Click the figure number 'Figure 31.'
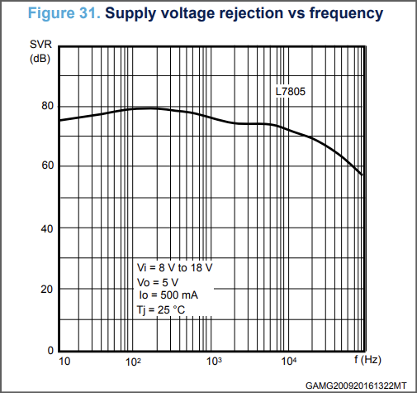click(x=64, y=13)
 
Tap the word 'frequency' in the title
click(x=346, y=14)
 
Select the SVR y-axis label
click(x=40, y=44)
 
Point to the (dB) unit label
click(x=40, y=59)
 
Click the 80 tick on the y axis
click(x=47, y=106)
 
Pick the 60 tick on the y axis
click(x=47, y=165)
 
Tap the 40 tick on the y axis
click(x=47, y=228)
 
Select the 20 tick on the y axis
click(x=47, y=290)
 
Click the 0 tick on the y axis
click(x=50, y=350)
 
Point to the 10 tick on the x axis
click(x=64, y=362)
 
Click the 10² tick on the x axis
click(x=133, y=362)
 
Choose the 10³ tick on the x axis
click(x=214, y=361)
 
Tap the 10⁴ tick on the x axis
click(x=289, y=361)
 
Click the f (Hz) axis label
click(x=367, y=360)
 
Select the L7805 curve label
click(x=291, y=92)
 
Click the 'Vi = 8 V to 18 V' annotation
click(x=175, y=267)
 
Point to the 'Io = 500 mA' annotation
click(x=168, y=295)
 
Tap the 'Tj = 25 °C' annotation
click(x=161, y=310)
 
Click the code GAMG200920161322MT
click(x=356, y=386)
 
